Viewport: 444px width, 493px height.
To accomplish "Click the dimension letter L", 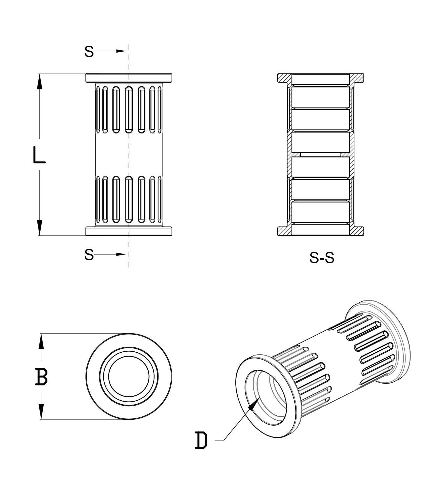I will point(39,155).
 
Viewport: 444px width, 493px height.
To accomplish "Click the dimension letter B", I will point(41,377).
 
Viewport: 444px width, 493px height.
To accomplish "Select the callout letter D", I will point(201,440).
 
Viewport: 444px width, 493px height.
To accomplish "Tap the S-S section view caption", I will point(322,258).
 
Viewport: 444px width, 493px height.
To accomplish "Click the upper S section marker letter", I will point(89,52).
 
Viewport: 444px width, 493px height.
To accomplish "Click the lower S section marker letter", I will point(89,255).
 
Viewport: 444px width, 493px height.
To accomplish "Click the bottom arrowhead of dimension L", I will point(39,227).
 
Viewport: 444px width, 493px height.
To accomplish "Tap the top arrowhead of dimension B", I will point(41,341).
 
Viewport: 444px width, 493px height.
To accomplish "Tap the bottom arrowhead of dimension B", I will point(41,412).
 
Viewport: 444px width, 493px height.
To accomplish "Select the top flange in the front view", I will point(128,78).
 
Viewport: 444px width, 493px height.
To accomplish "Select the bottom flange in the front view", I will point(128,231).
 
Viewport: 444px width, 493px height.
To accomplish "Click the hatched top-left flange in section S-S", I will point(284,78).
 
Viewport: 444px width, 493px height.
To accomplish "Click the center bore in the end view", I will point(128,377).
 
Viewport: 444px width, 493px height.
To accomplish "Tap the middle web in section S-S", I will point(321,154).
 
